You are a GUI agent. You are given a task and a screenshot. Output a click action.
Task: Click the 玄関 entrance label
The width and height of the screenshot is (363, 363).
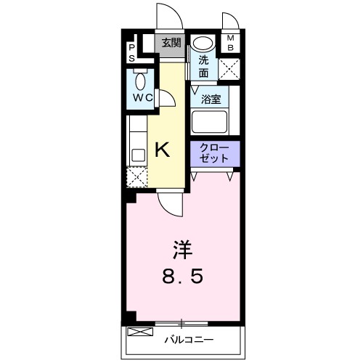click(x=171, y=43)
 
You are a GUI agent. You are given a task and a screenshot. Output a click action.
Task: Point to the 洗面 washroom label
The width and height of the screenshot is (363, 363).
click(x=204, y=66)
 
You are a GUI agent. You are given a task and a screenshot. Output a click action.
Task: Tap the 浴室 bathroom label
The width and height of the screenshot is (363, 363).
click(x=211, y=99)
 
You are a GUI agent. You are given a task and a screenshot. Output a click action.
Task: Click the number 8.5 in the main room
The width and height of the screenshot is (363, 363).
click(x=181, y=277)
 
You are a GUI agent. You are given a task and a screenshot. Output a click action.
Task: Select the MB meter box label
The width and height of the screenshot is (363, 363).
click(x=231, y=43)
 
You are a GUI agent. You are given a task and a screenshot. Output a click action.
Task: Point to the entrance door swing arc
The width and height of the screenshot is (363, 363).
click(x=164, y=16)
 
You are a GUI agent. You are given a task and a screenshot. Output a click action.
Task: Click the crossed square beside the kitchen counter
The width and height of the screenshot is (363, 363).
click(x=136, y=176)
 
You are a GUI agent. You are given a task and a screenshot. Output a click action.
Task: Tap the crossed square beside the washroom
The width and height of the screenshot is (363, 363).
click(x=229, y=69)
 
